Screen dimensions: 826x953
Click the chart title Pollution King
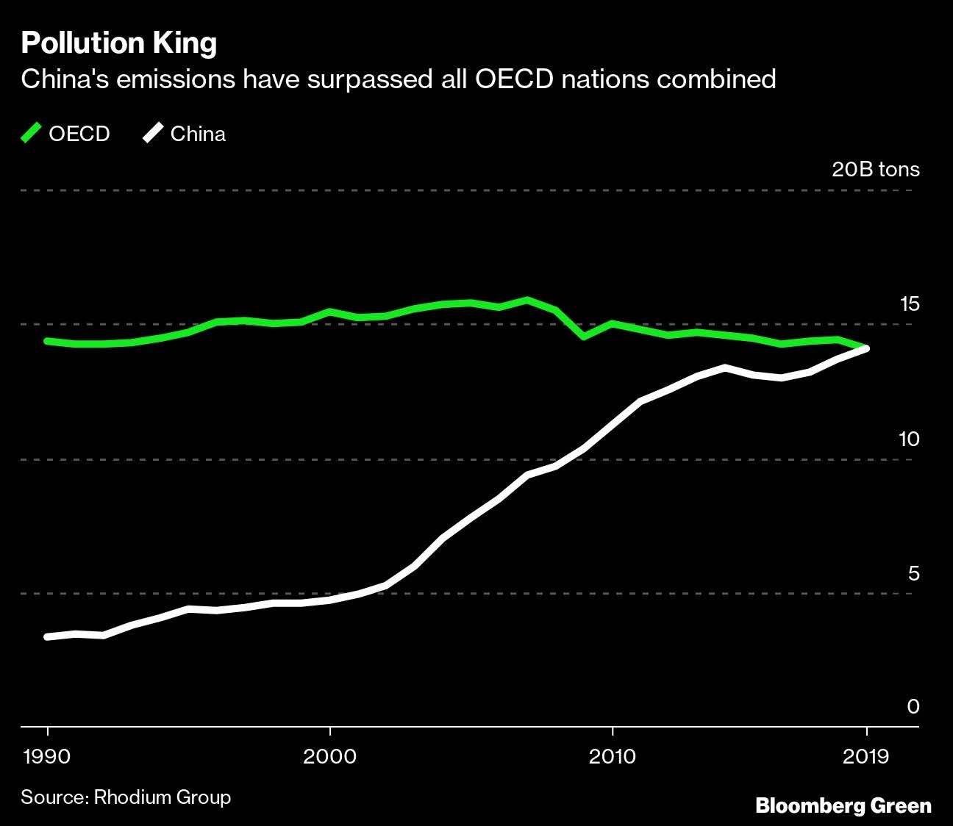coord(118,43)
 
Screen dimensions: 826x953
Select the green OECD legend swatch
coord(32,134)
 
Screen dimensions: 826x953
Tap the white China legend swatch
coord(154,134)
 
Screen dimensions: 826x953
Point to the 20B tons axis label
coord(875,170)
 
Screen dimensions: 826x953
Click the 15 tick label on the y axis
coord(910,304)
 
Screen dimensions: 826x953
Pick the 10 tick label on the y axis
coord(909,439)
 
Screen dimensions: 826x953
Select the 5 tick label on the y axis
coord(913,573)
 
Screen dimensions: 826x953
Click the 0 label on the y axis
coord(913,707)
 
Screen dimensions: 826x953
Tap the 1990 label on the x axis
coord(48,757)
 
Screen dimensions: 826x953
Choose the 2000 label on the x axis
coord(330,757)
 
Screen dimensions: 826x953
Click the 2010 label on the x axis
coord(612,757)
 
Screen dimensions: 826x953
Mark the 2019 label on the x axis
coord(867,757)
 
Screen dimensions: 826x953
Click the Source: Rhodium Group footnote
coord(126,797)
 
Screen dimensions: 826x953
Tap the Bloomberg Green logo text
coord(843,806)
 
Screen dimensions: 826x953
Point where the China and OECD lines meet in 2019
coord(867,348)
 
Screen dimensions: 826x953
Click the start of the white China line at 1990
coord(48,636)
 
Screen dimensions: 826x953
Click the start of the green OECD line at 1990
coord(48,341)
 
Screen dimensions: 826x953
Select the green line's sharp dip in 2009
coord(584,337)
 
